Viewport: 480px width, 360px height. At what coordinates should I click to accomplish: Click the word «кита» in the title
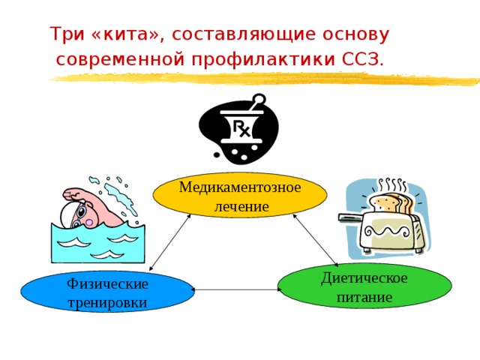[x=126, y=34]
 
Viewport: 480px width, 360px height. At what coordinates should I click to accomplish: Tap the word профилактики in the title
[x=263, y=59]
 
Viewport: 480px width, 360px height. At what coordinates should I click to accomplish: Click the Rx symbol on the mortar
[x=241, y=128]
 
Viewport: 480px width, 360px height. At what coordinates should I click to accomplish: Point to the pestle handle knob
[x=259, y=99]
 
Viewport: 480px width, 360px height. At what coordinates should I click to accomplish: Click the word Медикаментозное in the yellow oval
[x=240, y=187]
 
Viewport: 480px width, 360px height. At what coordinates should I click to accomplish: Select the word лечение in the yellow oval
[x=241, y=207]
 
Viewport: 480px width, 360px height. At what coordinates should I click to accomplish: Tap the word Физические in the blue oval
[x=107, y=284]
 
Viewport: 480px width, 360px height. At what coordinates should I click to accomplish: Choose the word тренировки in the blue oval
[x=107, y=303]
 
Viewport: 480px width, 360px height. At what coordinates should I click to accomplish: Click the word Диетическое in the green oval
[x=364, y=278]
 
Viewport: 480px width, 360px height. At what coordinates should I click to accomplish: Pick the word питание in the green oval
[x=364, y=298]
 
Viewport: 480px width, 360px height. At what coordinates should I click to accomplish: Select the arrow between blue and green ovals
[x=236, y=289]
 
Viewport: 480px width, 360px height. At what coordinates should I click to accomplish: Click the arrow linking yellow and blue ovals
[x=170, y=242]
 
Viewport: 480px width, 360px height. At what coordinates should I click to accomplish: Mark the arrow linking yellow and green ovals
[x=315, y=240]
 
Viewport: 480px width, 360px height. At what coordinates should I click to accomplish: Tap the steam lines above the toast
[x=392, y=184]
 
